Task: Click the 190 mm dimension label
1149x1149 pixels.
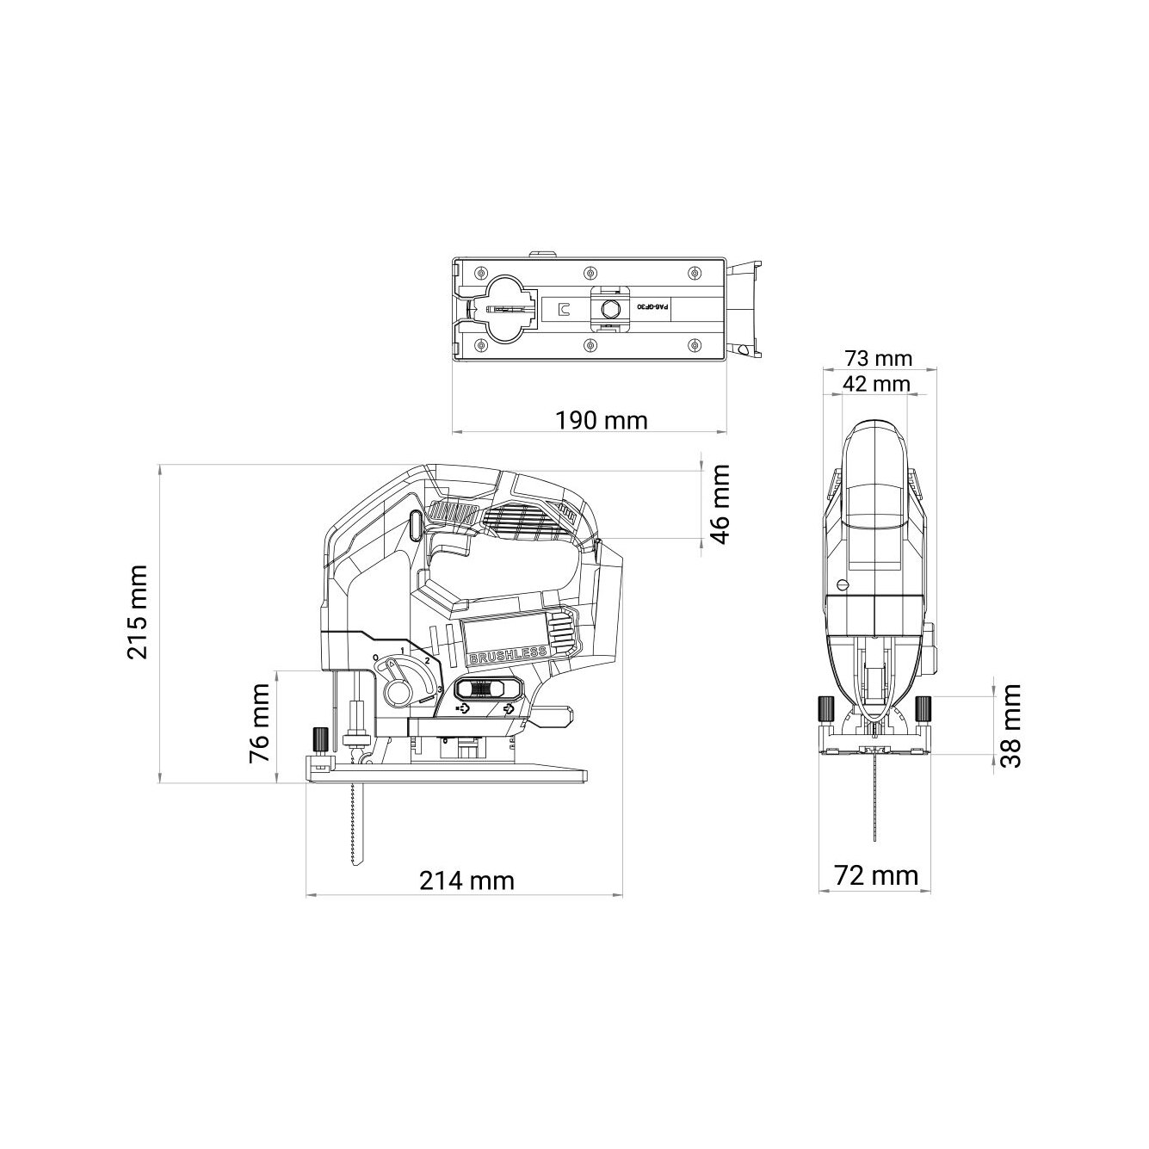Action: [x=601, y=421]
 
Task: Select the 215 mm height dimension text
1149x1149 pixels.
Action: [x=137, y=612]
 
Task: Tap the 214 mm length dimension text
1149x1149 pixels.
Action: [x=466, y=880]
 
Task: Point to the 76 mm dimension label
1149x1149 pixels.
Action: [x=259, y=724]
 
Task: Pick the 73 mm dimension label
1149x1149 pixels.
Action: [x=878, y=358]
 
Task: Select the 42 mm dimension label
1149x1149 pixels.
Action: [x=876, y=384]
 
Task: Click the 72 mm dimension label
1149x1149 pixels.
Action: [x=876, y=876]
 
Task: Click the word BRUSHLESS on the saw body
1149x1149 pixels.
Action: [x=508, y=655]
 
